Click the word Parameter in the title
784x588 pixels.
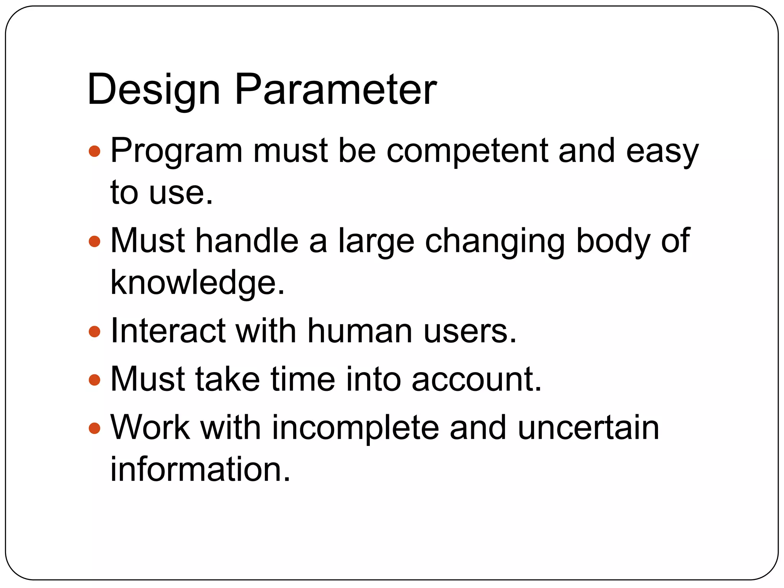click(335, 90)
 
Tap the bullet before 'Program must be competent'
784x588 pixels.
click(94, 151)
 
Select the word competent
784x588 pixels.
click(467, 151)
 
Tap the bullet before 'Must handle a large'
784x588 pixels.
click(94, 242)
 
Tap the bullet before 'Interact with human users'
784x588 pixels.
click(94, 332)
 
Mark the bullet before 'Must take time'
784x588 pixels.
click(94, 380)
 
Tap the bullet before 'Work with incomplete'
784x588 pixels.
click(94, 428)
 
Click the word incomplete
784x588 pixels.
click(355, 429)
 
